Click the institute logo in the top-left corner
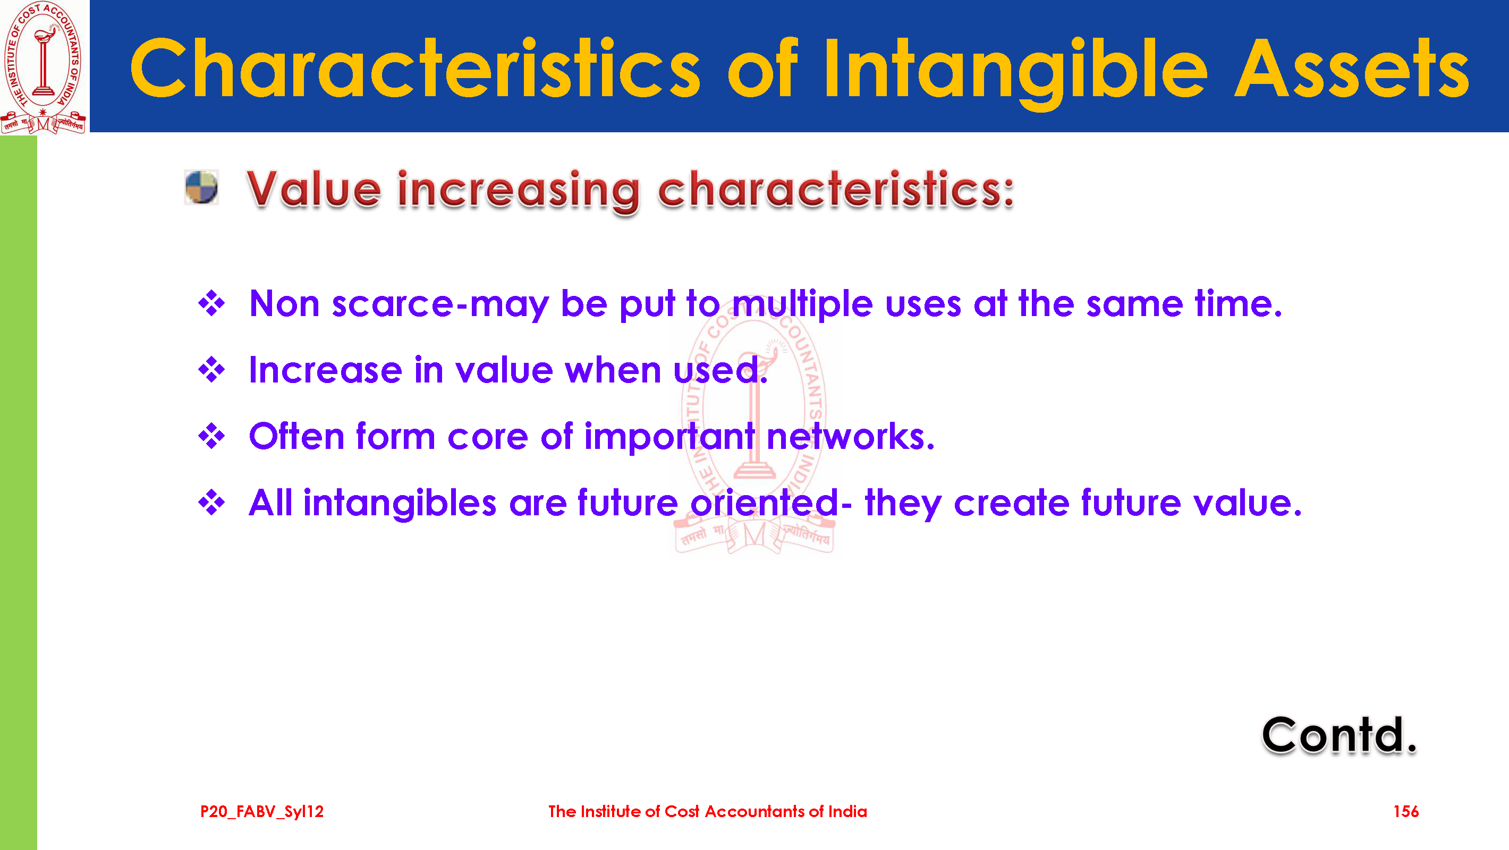click(44, 67)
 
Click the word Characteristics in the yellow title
click(415, 69)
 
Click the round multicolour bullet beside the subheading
click(201, 188)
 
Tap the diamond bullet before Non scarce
click(211, 303)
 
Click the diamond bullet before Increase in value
click(211, 370)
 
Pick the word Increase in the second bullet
click(325, 370)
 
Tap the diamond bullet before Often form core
click(211, 437)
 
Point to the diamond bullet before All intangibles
click(211, 503)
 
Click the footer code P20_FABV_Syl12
click(262, 812)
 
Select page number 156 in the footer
click(1406, 811)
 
